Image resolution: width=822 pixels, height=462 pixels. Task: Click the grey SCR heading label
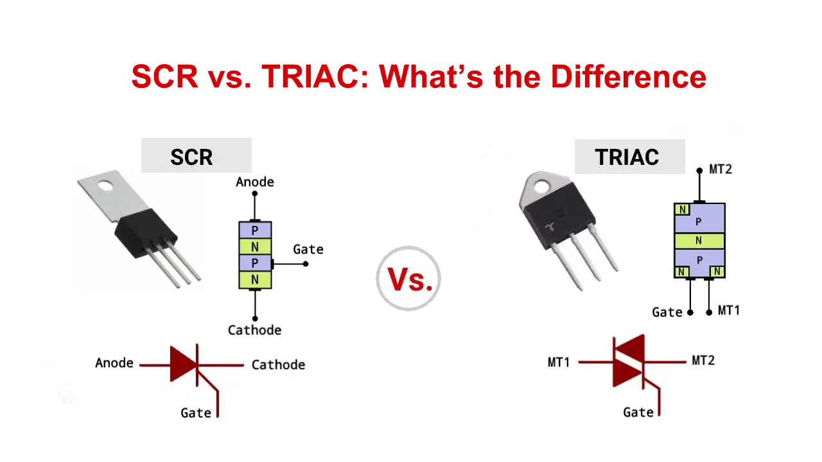point(197,155)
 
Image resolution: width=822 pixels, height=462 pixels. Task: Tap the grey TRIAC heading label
point(630,157)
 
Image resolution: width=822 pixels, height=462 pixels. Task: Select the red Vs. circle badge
point(408,278)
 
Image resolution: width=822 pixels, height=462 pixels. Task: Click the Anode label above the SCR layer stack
point(255,182)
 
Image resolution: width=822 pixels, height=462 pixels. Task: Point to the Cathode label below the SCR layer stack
point(255,330)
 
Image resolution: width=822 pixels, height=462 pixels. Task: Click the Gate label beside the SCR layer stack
point(308,250)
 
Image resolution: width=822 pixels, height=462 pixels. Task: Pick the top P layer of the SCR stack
point(255,230)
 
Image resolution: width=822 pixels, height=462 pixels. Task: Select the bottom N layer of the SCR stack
point(255,280)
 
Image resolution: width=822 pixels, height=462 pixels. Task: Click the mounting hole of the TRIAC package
point(541,187)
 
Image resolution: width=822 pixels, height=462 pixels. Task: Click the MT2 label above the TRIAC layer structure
point(721,169)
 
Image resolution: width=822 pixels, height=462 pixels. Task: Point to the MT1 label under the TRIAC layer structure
point(728,311)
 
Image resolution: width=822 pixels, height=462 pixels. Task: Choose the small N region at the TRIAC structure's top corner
point(682,209)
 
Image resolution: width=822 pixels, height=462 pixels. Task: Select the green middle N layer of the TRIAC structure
point(699,241)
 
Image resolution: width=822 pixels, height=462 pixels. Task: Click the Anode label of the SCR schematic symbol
point(114,363)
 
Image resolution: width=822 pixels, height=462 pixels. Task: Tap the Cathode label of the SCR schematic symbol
point(278,365)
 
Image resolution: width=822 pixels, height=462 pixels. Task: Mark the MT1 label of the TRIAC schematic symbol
point(559,363)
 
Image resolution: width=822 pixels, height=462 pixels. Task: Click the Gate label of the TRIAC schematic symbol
point(638,413)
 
